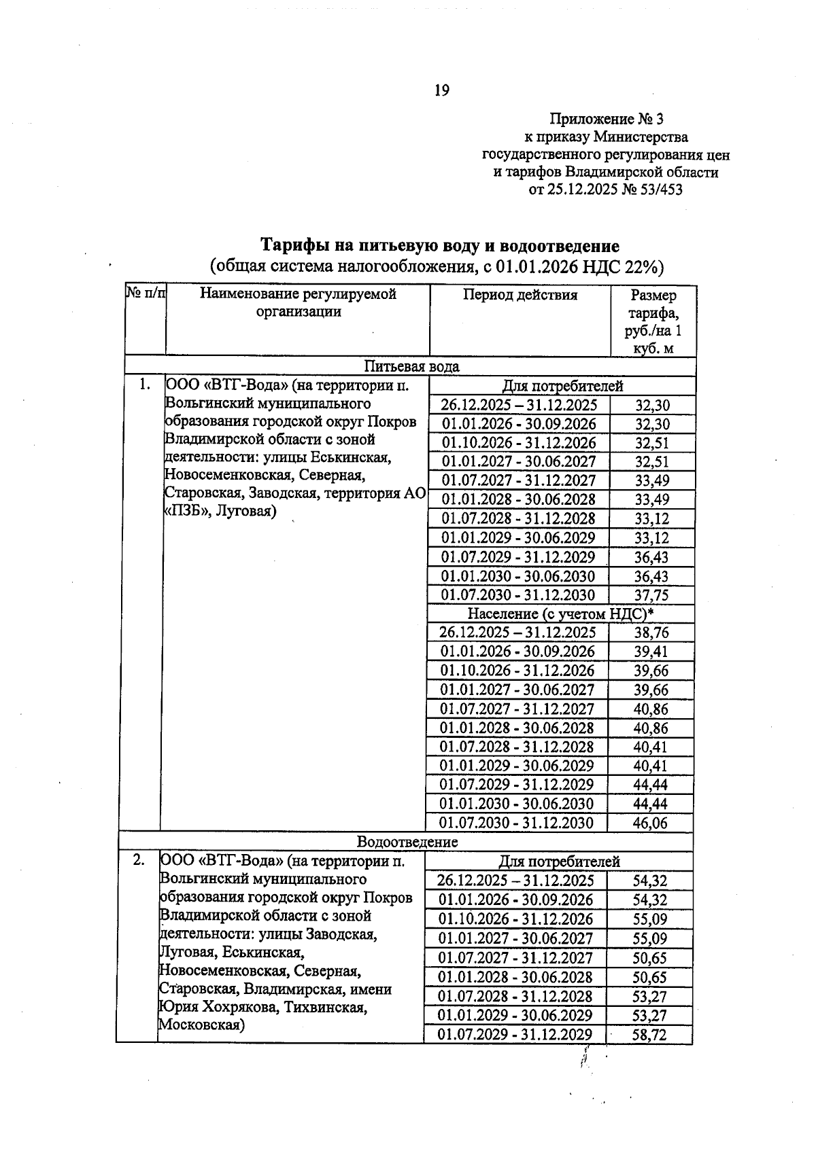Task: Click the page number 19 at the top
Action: (x=441, y=90)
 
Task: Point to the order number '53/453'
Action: (x=660, y=190)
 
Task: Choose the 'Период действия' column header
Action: (x=520, y=295)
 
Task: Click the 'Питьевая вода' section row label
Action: (x=411, y=366)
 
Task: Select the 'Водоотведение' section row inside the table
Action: (x=407, y=842)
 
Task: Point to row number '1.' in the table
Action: (x=144, y=385)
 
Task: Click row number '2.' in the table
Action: (x=139, y=860)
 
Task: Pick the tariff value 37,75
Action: (x=651, y=595)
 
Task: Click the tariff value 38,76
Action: (x=651, y=633)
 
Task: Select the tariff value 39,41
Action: (x=651, y=652)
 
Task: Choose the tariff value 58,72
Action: (x=649, y=1035)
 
